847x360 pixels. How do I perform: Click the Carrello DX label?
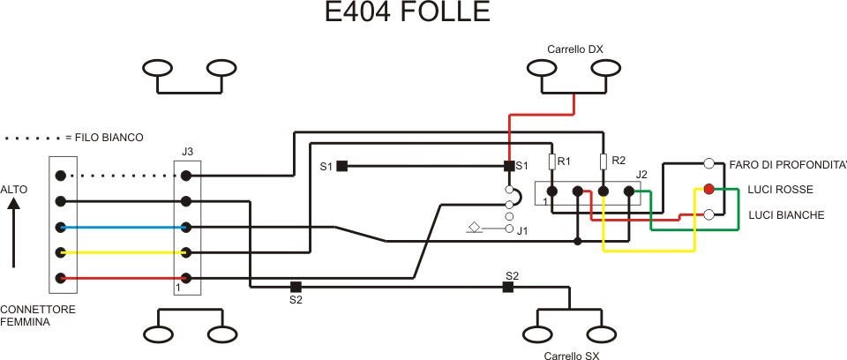pyautogui.click(x=574, y=49)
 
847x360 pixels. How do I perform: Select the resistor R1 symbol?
pyautogui.click(x=551, y=161)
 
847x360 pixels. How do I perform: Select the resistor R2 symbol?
pyautogui.click(x=603, y=161)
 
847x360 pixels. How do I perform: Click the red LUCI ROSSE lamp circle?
pyautogui.click(x=708, y=189)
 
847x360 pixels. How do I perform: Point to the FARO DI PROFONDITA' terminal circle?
pyautogui.click(x=708, y=163)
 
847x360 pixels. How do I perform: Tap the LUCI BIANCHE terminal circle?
pyautogui.click(x=708, y=214)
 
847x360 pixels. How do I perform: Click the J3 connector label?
pyautogui.click(x=187, y=152)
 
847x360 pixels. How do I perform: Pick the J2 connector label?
pyautogui.click(x=641, y=174)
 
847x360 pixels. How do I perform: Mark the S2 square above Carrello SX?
pyautogui.click(x=508, y=287)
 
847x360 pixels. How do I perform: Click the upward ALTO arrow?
pyautogui.click(x=13, y=233)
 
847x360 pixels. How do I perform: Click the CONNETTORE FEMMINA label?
pyautogui.click(x=37, y=316)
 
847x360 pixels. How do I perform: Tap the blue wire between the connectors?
pyautogui.click(x=124, y=227)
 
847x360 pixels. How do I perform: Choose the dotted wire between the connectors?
pyautogui.click(x=124, y=176)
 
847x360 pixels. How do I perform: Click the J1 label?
pyautogui.click(x=522, y=232)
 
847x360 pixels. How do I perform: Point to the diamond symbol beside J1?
pyautogui.click(x=474, y=229)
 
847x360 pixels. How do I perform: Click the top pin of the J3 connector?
pyautogui.click(x=186, y=176)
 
